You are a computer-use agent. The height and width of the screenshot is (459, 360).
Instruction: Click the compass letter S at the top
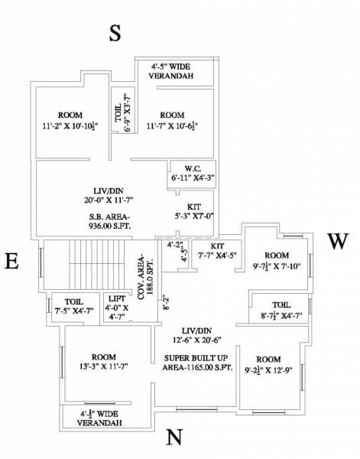115,33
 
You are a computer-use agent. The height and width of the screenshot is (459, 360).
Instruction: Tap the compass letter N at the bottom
174,437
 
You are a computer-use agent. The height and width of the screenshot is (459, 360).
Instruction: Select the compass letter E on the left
11,262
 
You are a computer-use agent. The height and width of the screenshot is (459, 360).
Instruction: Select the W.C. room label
193,173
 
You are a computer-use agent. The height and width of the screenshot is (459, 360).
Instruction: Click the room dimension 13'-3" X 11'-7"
103,366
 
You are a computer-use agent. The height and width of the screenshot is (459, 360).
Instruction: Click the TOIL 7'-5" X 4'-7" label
76,305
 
